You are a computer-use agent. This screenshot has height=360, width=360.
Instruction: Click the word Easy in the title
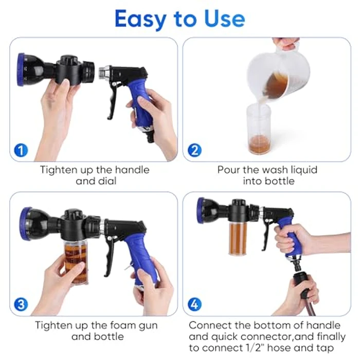[x=142, y=19]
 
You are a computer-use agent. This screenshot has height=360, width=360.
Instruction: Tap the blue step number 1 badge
[x=21, y=151]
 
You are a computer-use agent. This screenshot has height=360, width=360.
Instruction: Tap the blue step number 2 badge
[x=194, y=151]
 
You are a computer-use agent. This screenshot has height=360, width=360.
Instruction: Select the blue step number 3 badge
[x=21, y=304]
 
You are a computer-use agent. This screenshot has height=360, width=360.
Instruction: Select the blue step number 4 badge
[x=194, y=304]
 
